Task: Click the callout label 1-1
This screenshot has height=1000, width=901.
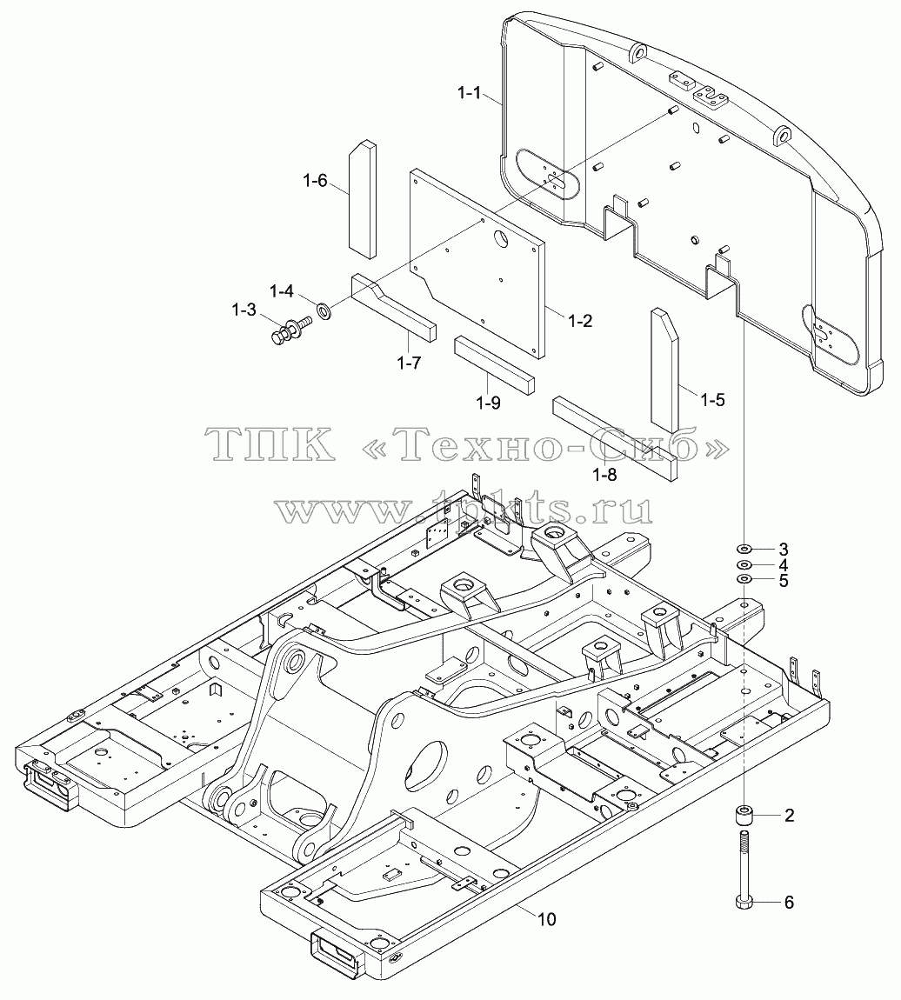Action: pos(469,93)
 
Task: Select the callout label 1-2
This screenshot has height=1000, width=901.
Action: pos(579,320)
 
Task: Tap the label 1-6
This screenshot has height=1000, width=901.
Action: pos(315,181)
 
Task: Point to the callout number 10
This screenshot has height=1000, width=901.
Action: pos(546,919)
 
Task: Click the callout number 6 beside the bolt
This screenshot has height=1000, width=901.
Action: pos(789,903)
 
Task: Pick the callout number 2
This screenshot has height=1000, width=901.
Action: pos(789,815)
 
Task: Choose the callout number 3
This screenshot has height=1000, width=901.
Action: pos(784,549)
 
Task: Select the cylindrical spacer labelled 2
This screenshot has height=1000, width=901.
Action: pos(744,816)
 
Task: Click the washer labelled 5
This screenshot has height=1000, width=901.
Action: pos(744,578)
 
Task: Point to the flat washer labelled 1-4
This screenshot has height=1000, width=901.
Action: pos(325,312)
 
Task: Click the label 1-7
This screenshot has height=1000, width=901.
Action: pos(409,363)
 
